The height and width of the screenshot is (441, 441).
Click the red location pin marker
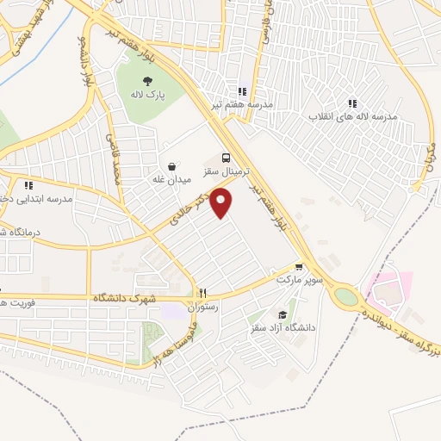pos(222,202)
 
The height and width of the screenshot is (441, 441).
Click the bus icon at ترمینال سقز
pos(226,158)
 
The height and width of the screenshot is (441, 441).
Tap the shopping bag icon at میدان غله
pos(171,167)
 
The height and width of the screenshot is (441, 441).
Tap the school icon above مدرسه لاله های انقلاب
pos(352,103)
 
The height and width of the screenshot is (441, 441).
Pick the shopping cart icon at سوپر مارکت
pos(299,268)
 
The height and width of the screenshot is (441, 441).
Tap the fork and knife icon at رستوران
pos(203,293)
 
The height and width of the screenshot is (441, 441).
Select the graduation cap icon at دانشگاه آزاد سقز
pos(283,315)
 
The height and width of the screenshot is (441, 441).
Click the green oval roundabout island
pos(345,296)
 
